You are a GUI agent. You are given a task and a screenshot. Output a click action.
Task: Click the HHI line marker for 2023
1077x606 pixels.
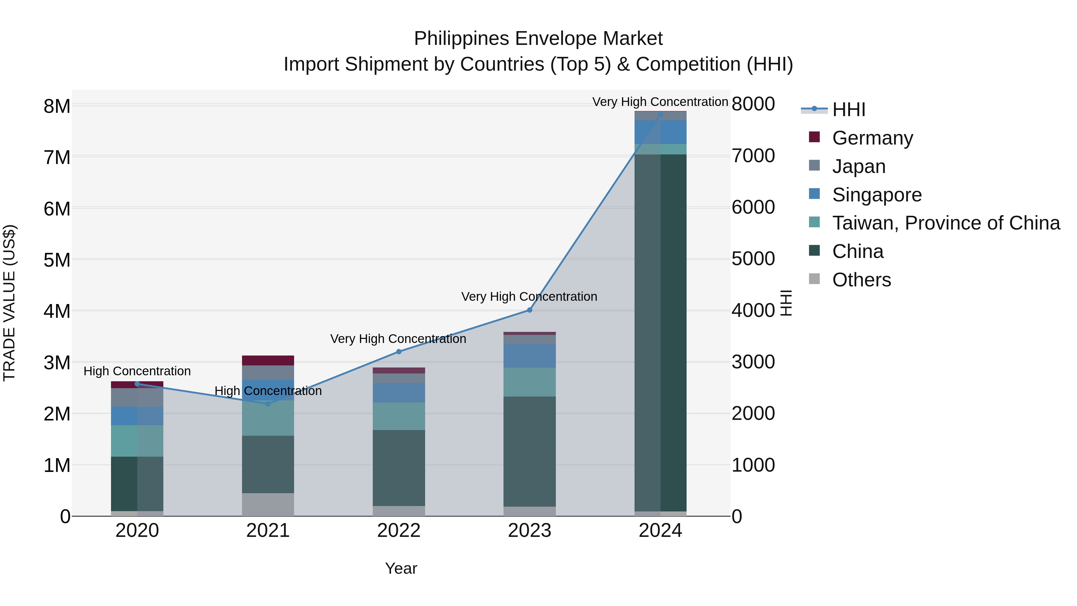pos(529,310)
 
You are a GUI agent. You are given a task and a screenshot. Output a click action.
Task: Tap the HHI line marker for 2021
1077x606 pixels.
pos(268,404)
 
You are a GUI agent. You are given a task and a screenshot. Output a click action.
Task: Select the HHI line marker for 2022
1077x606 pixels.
pos(398,352)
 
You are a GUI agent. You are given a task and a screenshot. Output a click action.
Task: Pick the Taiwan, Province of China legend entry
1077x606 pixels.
pos(946,223)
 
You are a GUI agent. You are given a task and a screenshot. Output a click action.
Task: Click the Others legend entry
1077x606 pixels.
pos(861,280)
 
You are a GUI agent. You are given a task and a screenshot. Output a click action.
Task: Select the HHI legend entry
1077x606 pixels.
pos(848,110)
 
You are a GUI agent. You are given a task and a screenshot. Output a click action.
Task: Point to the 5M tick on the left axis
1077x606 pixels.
pos(57,260)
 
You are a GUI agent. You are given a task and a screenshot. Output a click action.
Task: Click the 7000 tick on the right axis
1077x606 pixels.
pos(753,156)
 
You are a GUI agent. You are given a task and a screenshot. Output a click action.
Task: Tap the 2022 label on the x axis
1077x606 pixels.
pos(398,531)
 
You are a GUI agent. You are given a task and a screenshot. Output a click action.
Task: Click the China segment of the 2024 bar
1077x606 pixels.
pos(660,332)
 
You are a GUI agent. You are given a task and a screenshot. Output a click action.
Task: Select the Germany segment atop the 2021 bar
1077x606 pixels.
pos(268,360)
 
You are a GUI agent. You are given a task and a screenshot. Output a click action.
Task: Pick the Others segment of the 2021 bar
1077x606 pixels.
pos(268,504)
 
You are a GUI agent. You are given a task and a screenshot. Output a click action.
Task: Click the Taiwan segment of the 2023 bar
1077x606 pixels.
pos(529,382)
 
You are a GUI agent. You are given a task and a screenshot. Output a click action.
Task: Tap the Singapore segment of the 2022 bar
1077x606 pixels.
pos(398,393)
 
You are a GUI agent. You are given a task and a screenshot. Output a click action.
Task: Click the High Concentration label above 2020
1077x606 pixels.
pos(137,371)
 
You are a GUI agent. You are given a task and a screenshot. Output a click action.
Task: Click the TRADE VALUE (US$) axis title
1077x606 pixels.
pos(9,303)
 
